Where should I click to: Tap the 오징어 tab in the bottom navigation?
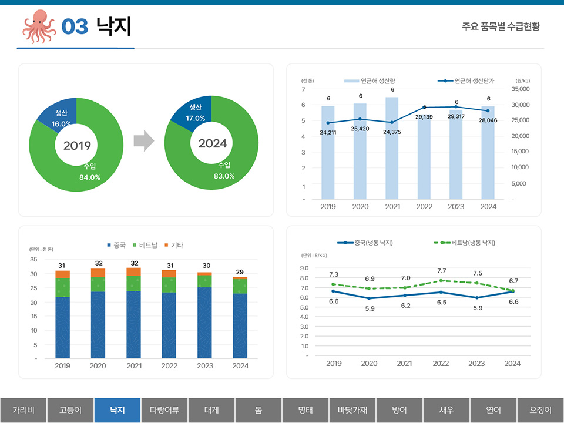tap(540, 410)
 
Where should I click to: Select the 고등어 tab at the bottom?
tap(70, 410)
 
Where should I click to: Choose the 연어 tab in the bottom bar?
tap(493, 410)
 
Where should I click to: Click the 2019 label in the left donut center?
tap(77, 145)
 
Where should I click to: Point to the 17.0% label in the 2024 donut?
tap(196, 118)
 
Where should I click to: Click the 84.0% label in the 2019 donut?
tap(90, 177)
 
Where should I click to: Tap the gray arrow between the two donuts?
tap(143, 142)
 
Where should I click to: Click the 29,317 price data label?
tap(456, 116)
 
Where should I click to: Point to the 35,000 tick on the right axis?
tap(521, 89)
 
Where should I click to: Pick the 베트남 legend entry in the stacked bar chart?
tap(145, 245)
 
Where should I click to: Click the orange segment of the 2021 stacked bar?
tap(134, 271)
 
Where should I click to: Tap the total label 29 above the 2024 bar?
tap(240, 272)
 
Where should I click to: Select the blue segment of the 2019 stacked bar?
tap(63, 327)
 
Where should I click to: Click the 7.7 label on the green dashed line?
tap(441, 271)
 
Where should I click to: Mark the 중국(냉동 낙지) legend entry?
tap(367, 243)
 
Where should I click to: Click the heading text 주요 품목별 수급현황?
tap(501, 26)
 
